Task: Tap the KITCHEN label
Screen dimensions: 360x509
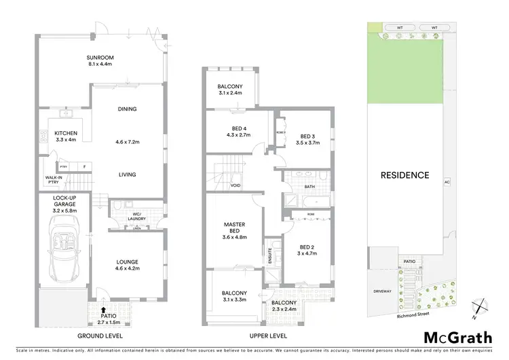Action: (x=66, y=132)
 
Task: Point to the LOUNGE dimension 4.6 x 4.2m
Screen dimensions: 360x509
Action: (x=127, y=269)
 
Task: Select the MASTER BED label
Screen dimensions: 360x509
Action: (x=234, y=228)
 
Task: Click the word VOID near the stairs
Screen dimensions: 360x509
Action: (x=235, y=185)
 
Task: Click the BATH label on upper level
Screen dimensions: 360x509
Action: (x=309, y=186)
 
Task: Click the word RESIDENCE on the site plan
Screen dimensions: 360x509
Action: (x=404, y=175)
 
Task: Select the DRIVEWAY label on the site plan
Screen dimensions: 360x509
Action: (x=382, y=291)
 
